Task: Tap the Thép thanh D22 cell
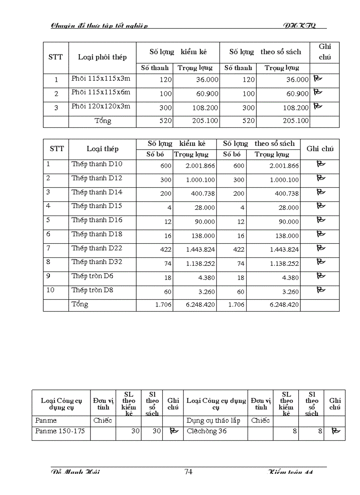[97, 248]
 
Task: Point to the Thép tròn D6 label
[93, 276]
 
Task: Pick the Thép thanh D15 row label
[97, 206]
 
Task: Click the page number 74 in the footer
[188, 472]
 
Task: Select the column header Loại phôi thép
[102, 57]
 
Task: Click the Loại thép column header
[102, 149]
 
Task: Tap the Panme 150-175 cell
[60, 431]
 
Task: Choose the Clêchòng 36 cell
[206, 431]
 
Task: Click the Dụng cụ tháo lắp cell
[214, 421]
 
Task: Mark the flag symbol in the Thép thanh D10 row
[321, 164]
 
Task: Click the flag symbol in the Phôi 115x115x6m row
[318, 92]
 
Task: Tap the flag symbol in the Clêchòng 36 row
[335, 431]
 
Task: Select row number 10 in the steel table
[50, 290]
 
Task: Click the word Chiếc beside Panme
[103, 421]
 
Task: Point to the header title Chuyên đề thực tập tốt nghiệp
[100, 26]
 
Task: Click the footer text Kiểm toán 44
[291, 473]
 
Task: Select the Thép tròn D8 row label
[93, 290]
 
